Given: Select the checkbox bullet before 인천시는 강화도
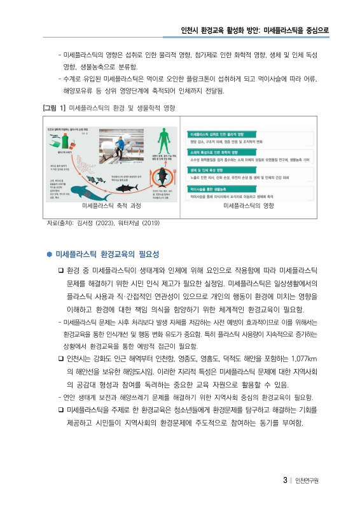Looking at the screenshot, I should coord(60,360).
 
